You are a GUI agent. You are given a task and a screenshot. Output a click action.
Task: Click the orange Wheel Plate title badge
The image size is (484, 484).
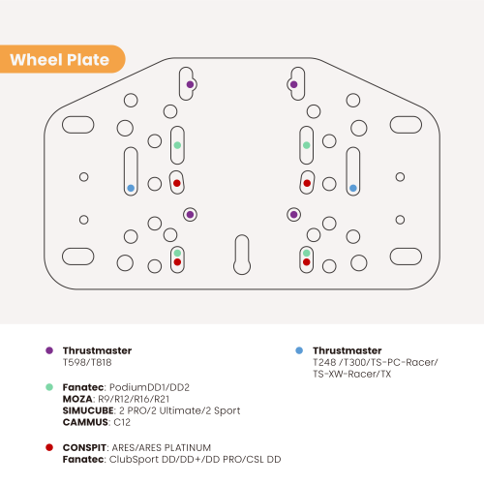coord(62,59)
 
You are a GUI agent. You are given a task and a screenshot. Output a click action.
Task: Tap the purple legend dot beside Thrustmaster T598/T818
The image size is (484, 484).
coord(49,350)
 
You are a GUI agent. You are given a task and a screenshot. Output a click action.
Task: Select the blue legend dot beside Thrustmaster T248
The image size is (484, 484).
coord(299,350)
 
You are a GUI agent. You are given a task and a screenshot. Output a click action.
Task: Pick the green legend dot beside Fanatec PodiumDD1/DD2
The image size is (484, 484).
coord(49,387)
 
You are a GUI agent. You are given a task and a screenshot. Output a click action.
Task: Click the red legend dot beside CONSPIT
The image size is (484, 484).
coord(49,447)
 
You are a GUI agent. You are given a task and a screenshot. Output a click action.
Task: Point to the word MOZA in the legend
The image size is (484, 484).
coord(77,399)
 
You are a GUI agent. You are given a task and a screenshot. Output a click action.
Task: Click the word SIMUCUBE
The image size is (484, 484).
coord(88,410)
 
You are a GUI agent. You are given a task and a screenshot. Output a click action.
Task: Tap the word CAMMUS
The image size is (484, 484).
coord(85,422)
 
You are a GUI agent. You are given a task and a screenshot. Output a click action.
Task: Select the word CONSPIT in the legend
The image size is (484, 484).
coord(84,447)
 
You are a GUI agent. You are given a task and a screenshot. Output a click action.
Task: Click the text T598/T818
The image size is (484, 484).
coord(87,362)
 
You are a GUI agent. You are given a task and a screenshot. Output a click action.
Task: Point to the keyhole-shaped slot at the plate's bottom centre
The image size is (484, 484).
coord(242,255)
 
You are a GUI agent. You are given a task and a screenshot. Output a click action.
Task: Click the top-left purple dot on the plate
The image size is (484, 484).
coord(190,84)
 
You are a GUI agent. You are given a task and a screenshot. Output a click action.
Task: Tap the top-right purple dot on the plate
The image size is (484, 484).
coord(293,84)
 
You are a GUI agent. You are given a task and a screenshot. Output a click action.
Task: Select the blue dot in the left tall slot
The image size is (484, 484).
coord(131,188)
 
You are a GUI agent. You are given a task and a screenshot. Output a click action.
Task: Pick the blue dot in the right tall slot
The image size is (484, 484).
coord(353,188)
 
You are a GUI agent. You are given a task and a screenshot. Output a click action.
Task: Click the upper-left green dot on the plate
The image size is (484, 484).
coord(177,145)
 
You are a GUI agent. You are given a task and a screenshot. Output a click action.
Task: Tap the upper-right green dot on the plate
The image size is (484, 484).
coord(307,145)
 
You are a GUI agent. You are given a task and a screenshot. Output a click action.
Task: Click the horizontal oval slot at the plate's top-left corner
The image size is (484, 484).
coord(77,125)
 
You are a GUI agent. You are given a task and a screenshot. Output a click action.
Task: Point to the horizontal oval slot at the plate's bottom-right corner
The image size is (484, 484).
coord(406,257)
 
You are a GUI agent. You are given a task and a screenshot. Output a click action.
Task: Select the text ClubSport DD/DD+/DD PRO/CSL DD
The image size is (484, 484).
coord(195,460)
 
